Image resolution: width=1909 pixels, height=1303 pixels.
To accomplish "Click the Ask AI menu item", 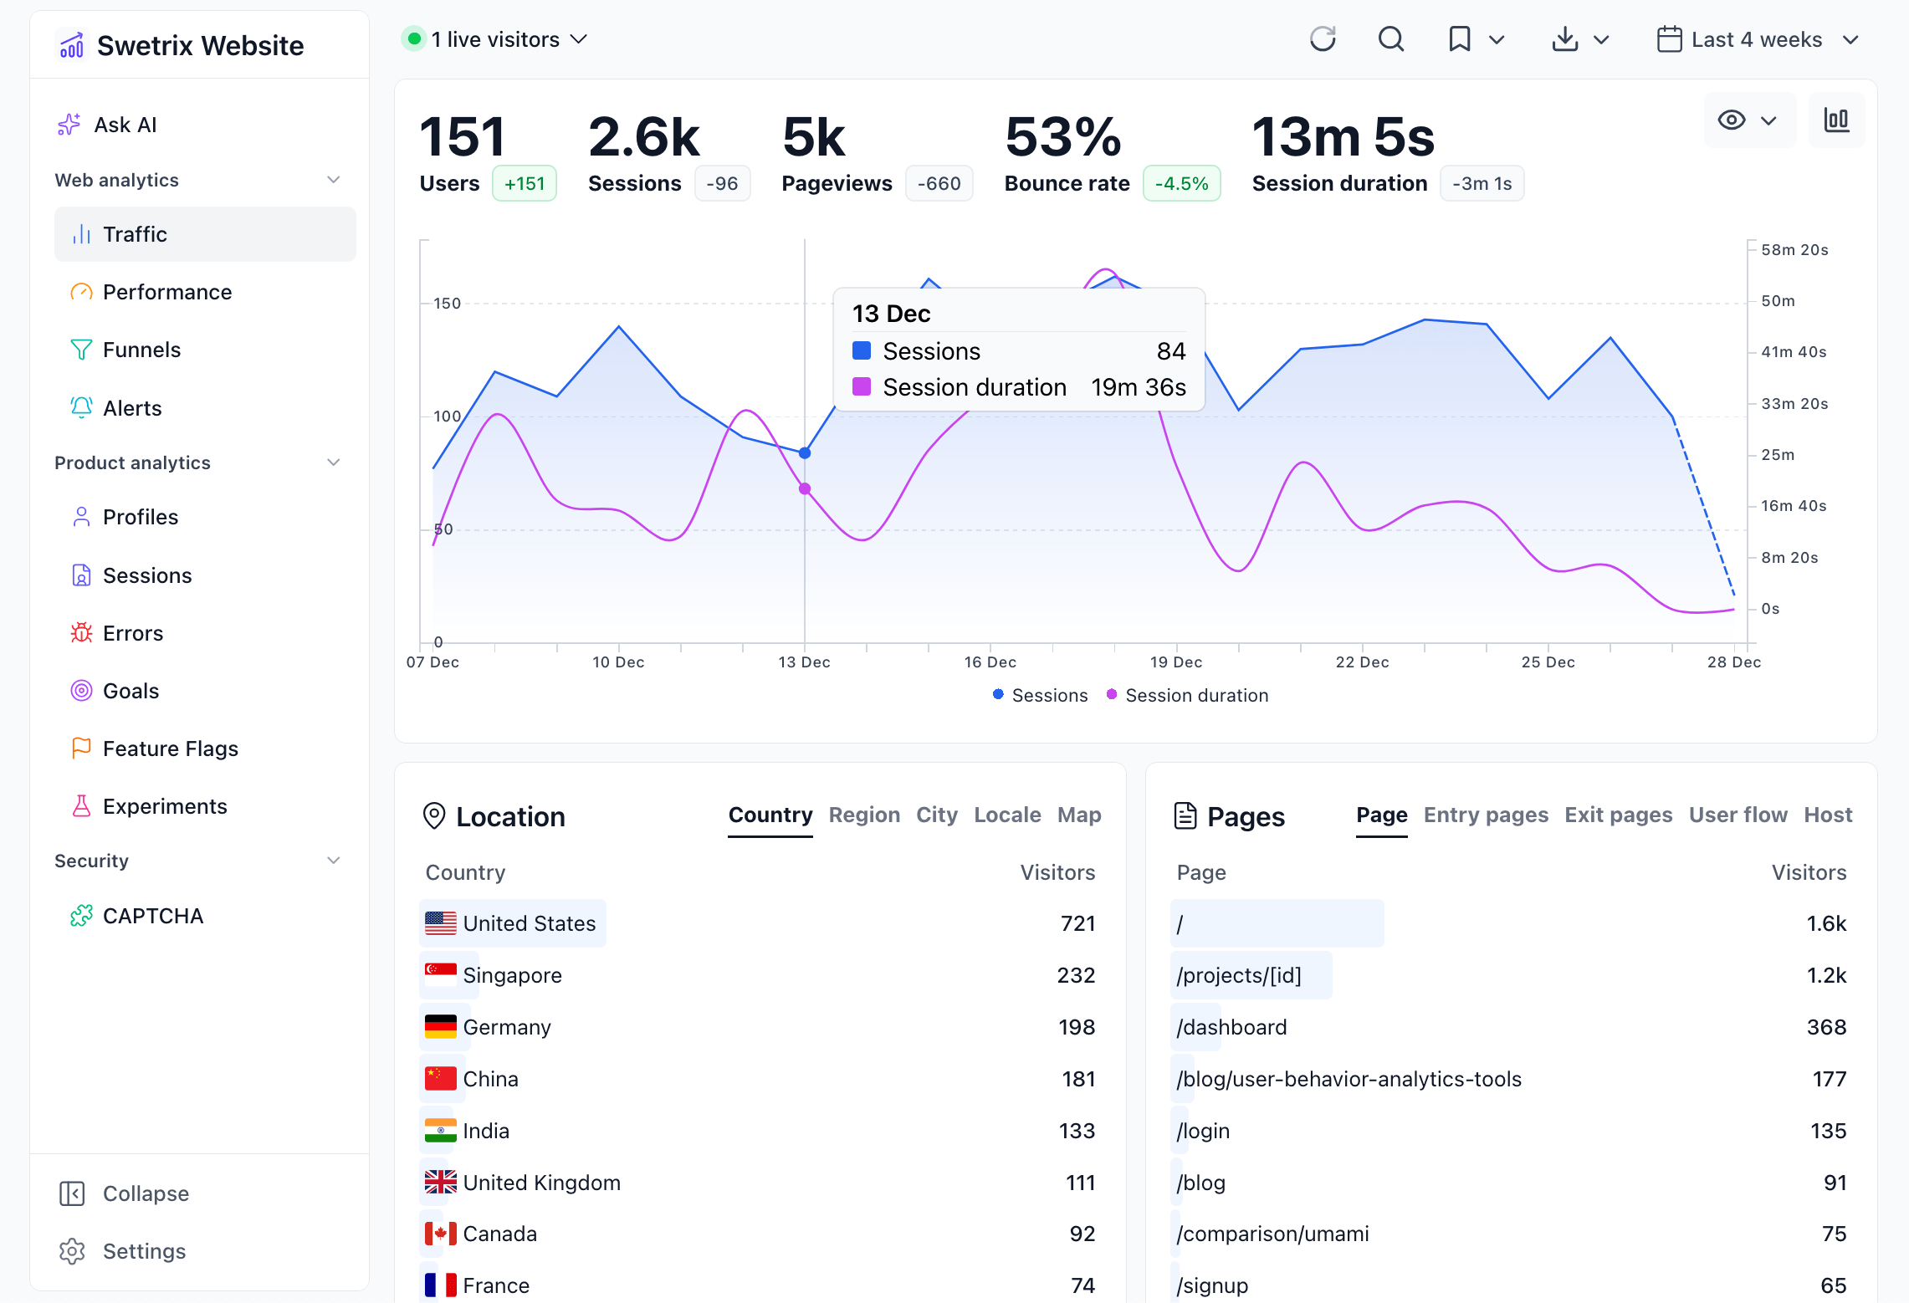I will (x=125, y=125).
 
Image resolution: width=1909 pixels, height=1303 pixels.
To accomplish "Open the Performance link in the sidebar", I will (x=166, y=292).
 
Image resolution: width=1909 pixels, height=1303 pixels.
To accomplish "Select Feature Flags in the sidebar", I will (x=170, y=749).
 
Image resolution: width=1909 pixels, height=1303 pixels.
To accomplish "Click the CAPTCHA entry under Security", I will (x=152, y=916).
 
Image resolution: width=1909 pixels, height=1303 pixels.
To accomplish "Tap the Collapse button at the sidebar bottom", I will (x=145, y=1193).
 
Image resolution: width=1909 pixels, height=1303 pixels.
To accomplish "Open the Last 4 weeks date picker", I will (x=1757, y=39).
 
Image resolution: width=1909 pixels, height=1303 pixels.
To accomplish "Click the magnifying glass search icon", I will (x=1390, y=39).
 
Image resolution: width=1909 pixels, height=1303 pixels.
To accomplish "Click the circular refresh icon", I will (x=1323, y=39).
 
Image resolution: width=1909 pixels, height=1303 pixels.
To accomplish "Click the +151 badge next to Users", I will (x=525, y=183).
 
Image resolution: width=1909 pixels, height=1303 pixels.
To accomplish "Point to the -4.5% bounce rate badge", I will (x=1181, y=183).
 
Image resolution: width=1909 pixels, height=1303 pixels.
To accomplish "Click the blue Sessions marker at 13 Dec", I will (x=805, y=453).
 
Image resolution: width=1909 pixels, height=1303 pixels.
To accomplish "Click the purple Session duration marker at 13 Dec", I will (x=805, y=489).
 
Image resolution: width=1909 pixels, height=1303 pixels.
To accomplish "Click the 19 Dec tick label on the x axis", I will (x=1175, y=662).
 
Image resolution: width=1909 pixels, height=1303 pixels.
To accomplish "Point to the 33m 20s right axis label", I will (x=1794, y=404).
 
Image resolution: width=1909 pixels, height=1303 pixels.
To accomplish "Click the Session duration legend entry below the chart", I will (x=1195, y=695).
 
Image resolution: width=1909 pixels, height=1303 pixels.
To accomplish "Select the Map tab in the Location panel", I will (x=1078, y=815).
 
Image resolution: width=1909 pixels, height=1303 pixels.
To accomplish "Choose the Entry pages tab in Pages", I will (x=1485, y=815).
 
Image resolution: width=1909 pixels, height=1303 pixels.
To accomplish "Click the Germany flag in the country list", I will (x=440, y=1026).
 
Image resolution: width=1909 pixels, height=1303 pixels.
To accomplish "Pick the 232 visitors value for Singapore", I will (x=1075, y=975).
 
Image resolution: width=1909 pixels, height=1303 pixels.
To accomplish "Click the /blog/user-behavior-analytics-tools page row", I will (x=1349, y=1079).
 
